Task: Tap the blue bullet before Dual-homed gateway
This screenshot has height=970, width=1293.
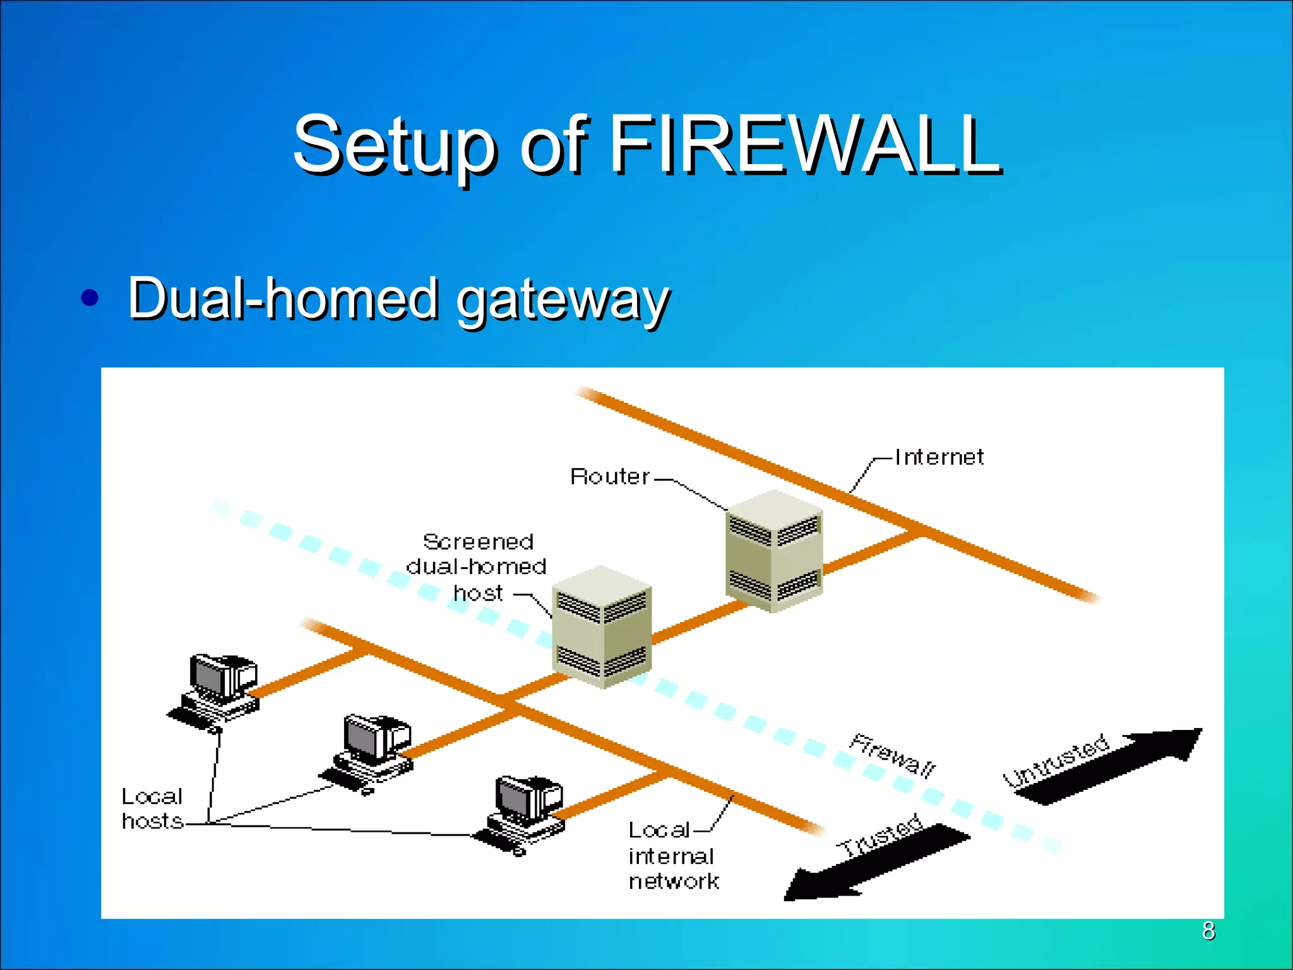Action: (x=90, y=297)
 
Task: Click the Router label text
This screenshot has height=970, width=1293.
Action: (x=609, y=476)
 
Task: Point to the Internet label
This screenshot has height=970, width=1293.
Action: (x=939, y=457)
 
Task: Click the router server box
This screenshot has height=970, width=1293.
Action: (x=774, y=551)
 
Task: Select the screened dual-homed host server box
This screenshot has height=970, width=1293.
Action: (x=602, y=626)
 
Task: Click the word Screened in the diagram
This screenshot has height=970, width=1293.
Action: (x=478, y=542)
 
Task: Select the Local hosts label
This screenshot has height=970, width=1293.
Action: (x=152, y=808)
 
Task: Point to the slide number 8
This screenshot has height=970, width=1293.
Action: (x=1208, y=930)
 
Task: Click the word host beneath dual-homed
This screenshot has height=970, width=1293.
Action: (x=478, y=593)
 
